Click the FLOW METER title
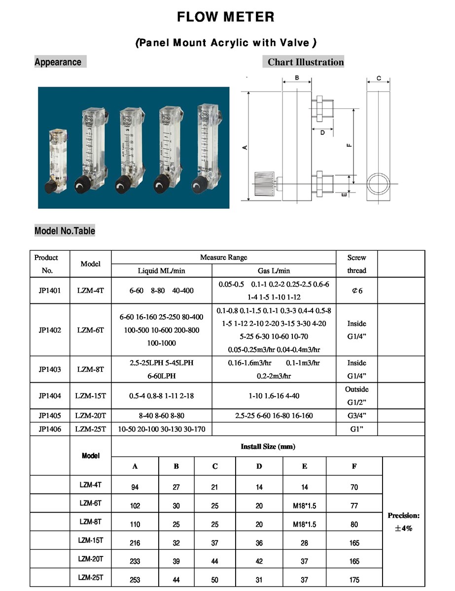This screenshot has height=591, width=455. coord(225,17)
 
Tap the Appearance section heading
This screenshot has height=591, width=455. coord(58,62)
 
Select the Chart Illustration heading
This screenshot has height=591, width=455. coord(305,62)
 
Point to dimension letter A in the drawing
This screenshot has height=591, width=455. coord(245,147)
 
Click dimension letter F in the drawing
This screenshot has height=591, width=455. coord(349,145)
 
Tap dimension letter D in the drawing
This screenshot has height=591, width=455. coord(322,132)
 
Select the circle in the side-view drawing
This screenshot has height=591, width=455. coord(378,183)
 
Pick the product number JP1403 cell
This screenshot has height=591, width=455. coord(50,369)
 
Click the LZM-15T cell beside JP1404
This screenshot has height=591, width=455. coord(91,396)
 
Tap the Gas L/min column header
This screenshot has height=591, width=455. coord(274,270)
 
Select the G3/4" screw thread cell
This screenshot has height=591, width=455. coord(356,416)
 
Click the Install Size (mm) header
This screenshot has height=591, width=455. coord(268,447)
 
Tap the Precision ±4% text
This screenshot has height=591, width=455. coord(403,522)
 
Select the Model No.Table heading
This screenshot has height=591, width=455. coord(65,231)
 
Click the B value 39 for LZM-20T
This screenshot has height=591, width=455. coord(176,561)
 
